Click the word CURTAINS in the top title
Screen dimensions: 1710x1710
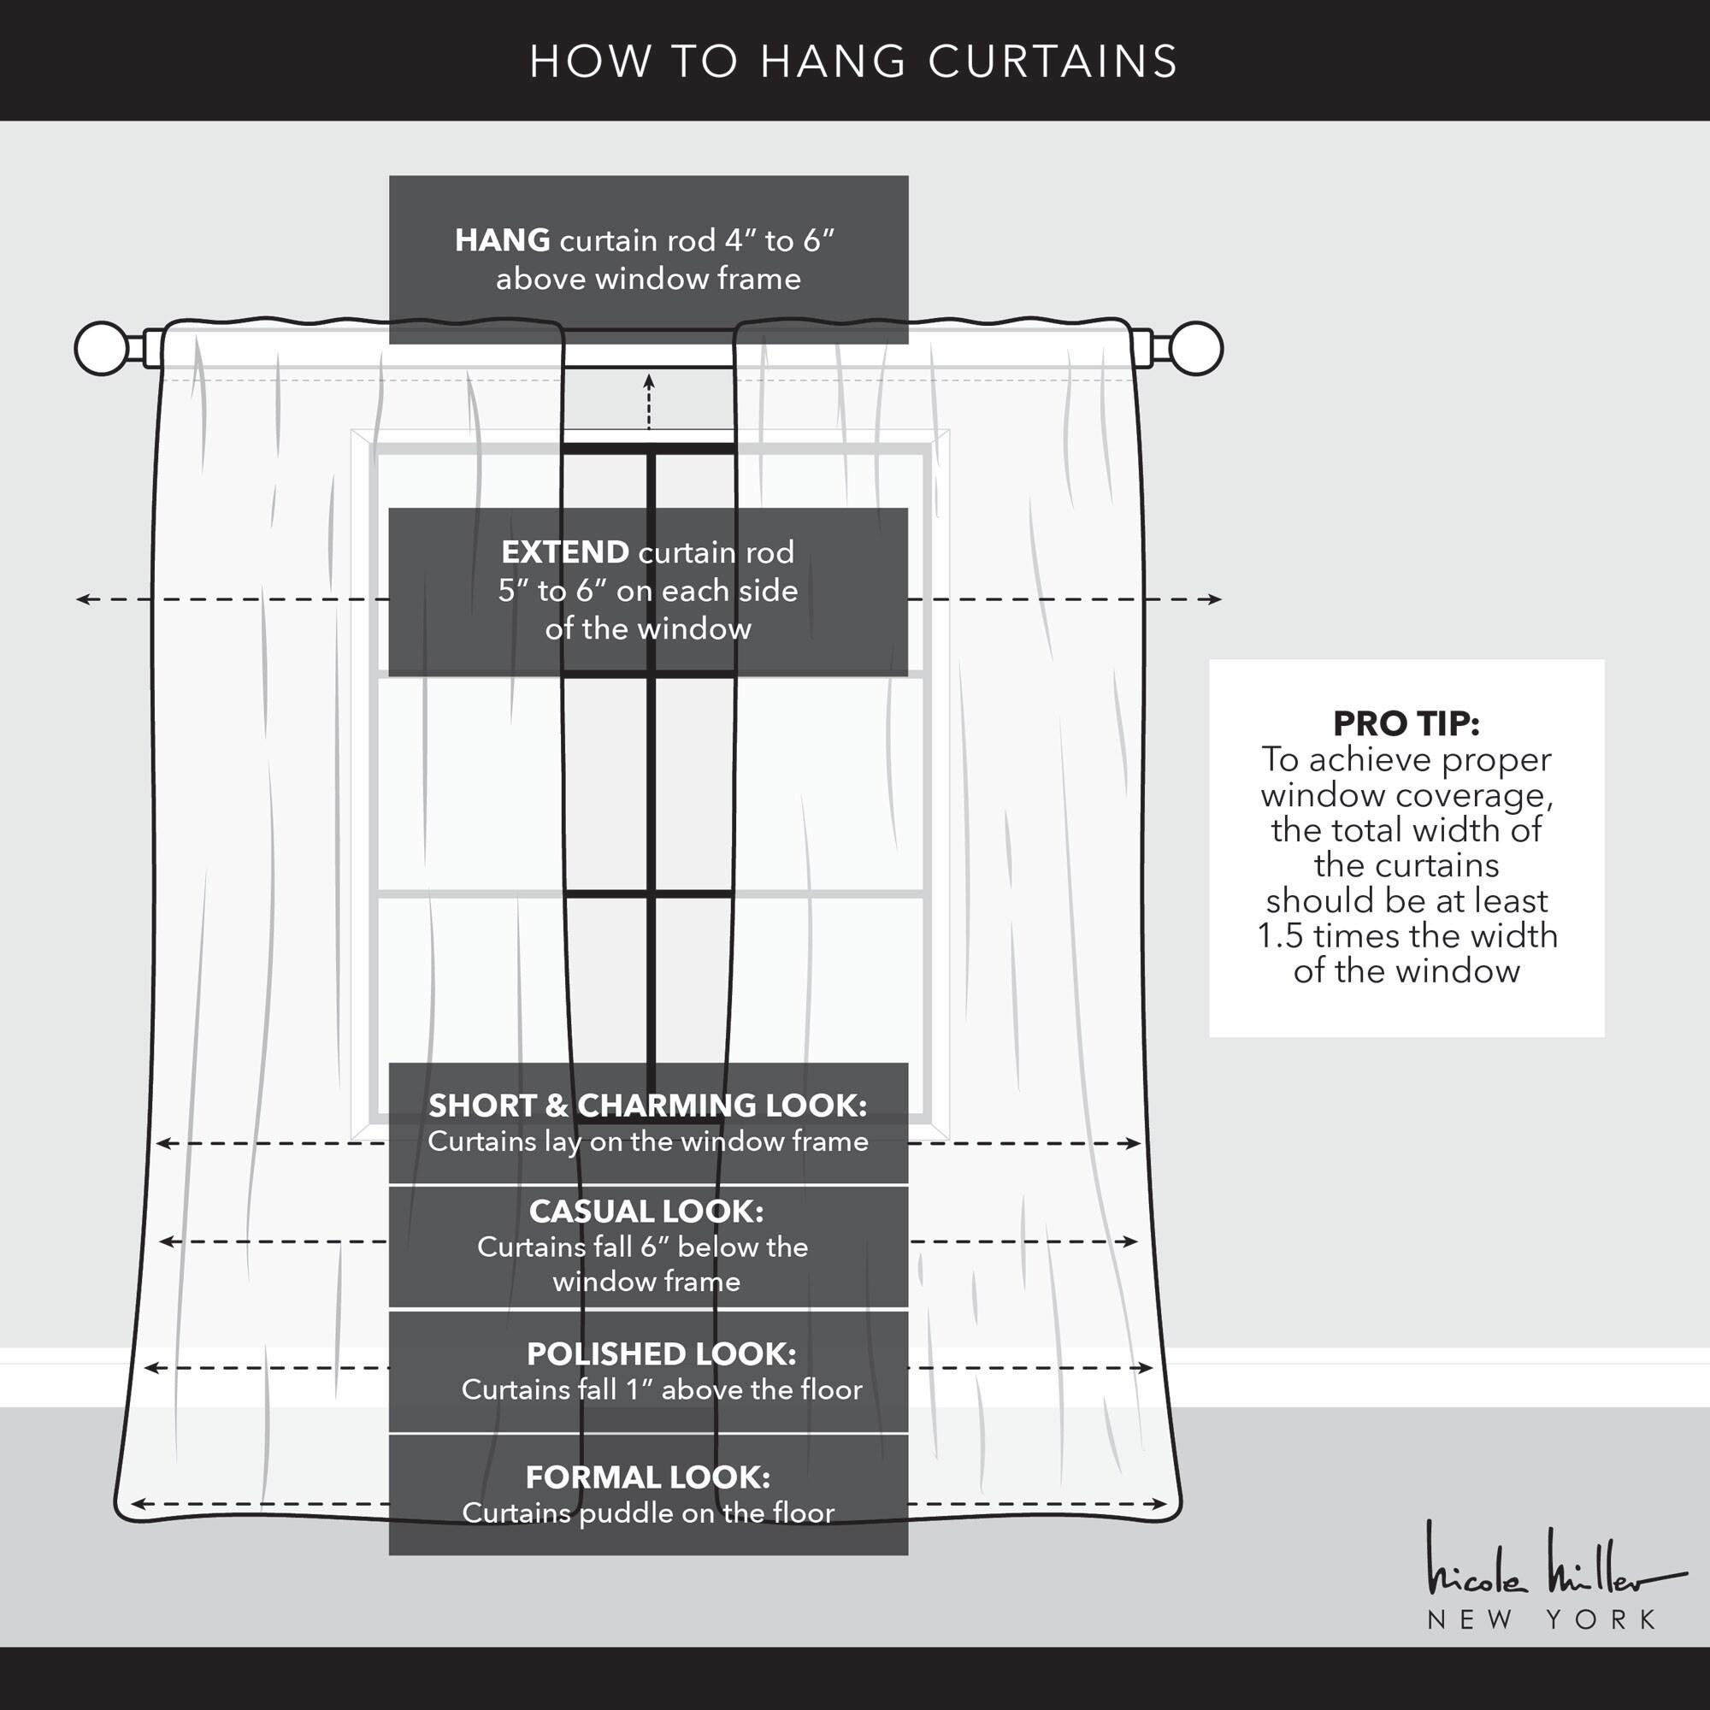click(x=1053, y=61)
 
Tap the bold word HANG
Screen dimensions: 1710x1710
click(x=503, y=240)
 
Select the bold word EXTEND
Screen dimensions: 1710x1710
click(x=565, y=552)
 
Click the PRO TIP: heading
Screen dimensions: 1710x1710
click(x=1406, y=723)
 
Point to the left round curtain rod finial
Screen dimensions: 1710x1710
click(x=102, y=348)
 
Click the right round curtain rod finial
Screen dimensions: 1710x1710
click(x=1196, y=348)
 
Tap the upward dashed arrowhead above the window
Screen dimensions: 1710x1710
click(x=649, y=380)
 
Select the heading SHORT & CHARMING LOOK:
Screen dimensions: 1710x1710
click(x=648, y=1106)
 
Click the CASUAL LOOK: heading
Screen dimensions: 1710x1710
click(x=646, y=1211)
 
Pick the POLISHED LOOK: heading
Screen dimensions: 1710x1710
click(x=661, y=1354)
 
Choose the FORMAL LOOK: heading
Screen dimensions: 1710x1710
click(x=648, y=1477)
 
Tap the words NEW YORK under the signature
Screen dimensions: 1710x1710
click(x=1541, y=1619)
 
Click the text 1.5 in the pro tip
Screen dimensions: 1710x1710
click(x=1280, y=935)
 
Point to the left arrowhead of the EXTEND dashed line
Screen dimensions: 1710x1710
click(x=82, y=599)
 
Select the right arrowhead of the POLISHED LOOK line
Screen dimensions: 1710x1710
click(x=1147, y=1367)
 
